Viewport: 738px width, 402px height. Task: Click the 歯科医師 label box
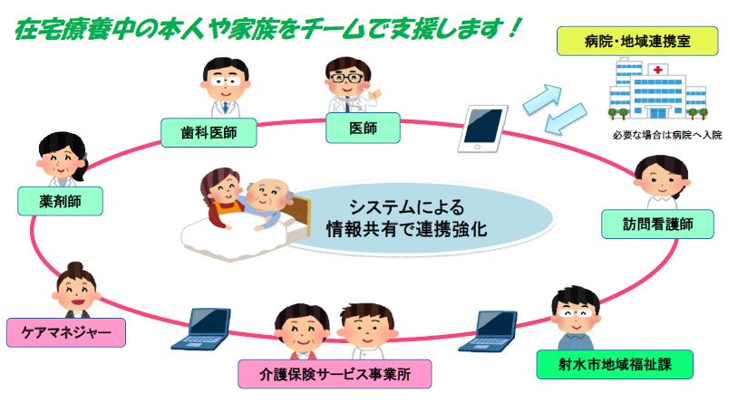coord(209,132)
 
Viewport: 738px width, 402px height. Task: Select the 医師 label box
coord(363,128)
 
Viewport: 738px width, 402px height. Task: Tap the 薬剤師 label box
coord(60,201)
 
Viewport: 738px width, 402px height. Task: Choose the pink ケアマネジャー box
coord(66,332)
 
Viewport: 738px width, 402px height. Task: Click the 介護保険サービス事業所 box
coord(335,374)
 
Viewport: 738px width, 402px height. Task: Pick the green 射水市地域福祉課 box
coord(615,364)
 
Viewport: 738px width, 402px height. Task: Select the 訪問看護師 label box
coord(657,225)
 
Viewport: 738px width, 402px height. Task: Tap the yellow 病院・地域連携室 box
coord(637,42)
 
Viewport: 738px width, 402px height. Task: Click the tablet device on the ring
coord(483,129)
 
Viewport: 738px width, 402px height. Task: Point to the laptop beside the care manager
coord(201,329)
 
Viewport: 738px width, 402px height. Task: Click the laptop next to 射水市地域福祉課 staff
coord(489,331)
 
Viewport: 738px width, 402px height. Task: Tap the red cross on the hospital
coord(658,70)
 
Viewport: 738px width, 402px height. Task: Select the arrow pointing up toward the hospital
coord(543,99)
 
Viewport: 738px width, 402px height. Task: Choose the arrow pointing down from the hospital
coord(566,119)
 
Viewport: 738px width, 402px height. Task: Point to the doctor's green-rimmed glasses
coord(347,78)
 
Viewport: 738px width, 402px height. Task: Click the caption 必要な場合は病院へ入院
coord(667,136)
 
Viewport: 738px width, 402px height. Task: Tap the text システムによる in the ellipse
coord(407,207)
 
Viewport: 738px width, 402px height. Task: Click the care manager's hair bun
coord(75,267)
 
